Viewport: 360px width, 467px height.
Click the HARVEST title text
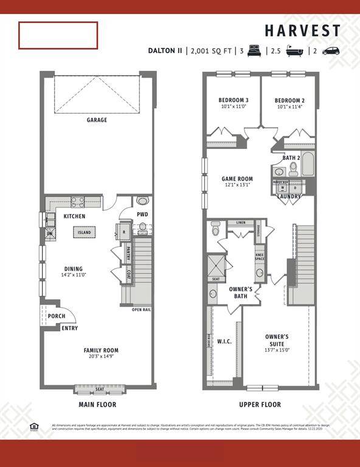pos(302,31)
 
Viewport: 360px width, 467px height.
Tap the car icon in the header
pos(331,51)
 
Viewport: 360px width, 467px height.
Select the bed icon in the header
pos(254,51)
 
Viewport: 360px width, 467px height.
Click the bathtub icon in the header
pos(295,51)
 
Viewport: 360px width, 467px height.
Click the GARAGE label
pos(97,120)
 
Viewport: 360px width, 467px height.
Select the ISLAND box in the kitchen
pos(85,232)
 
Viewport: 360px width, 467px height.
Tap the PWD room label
pos(142,215)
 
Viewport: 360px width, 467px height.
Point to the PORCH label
pos(56,316)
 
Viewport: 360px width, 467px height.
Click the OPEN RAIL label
pos(141,310)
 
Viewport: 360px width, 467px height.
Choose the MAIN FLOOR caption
pos(97,404)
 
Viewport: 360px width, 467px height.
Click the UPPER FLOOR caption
pos(260,404)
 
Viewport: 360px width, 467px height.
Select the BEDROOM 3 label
pos(233,100)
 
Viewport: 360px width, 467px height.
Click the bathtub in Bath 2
pos(308,164)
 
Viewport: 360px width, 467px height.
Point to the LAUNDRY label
pos(289,196)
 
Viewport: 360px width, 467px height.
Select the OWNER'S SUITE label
pos(277,340)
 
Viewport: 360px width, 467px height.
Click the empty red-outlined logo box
pos(58,35)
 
